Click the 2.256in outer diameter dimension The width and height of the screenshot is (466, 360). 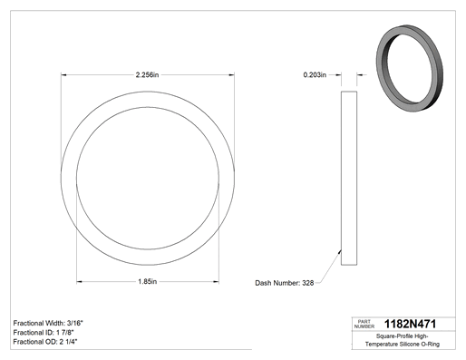point(147,74)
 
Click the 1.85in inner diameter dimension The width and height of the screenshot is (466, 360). point(148,282)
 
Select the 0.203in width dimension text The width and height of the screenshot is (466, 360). point(315,74)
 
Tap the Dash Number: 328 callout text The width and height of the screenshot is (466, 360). point(285,283)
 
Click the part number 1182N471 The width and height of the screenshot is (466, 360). point(410,324)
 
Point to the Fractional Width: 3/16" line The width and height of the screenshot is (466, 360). point(48,323)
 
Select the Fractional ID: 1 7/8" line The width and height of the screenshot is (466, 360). point(44,333)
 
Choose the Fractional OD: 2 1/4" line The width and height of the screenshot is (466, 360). point(45,342)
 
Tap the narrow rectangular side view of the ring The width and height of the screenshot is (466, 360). point(349,179)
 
